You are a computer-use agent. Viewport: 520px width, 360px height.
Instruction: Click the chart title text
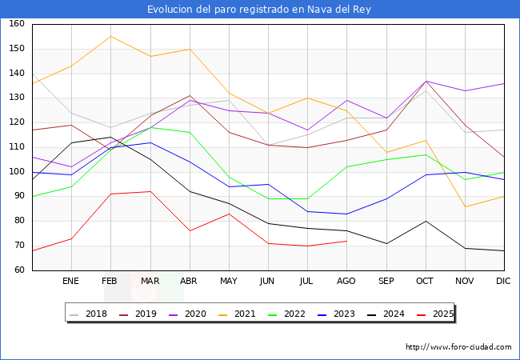point(260,10)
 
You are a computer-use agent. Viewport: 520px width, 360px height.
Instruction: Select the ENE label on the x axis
point(71,282)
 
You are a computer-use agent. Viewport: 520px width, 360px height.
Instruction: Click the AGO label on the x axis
point(346,282)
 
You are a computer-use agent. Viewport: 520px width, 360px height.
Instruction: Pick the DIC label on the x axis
point(504,282)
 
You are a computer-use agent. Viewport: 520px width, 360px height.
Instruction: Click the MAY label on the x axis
point(229,282)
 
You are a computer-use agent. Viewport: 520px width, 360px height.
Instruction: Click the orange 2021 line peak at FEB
point(110,36)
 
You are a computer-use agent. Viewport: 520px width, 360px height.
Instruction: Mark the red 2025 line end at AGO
point(346,241)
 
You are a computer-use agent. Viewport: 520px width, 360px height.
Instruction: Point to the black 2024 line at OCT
point(426,221)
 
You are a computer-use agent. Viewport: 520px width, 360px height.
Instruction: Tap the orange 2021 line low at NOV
point(465,206)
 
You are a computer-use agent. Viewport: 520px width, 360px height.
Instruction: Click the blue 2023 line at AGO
point(346,214)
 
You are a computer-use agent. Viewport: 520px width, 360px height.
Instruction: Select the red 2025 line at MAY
point(229,214)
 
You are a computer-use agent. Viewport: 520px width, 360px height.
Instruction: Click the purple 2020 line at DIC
point(504,83)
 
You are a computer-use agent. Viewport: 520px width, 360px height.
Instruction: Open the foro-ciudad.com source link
point(458,347)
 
